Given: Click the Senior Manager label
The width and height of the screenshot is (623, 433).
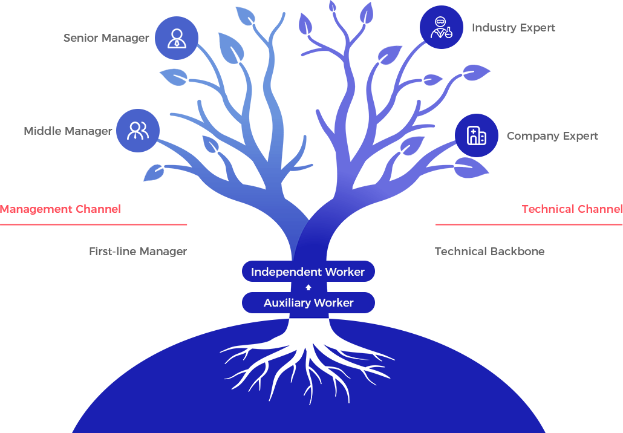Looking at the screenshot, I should coord(106,38).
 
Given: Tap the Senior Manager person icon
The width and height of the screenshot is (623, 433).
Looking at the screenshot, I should coord(176,38).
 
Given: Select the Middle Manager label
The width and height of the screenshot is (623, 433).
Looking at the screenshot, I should coord(68,131).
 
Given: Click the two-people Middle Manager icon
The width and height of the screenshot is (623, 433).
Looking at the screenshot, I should coord(138,131).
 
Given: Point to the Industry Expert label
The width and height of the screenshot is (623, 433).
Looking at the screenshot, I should coord(513,28).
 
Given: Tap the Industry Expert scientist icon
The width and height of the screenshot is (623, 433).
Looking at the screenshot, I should coord(441,27).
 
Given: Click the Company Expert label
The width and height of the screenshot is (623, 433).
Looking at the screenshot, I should coord(552,136).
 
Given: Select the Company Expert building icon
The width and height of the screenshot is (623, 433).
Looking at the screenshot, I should coord(476,135).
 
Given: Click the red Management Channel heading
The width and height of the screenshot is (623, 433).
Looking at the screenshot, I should coord(60,209).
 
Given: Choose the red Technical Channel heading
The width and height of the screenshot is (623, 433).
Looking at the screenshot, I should coord(572,209).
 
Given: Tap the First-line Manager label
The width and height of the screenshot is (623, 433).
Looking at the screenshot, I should coord(138,252).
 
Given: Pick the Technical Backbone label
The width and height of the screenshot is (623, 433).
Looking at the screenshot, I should coord(489,252).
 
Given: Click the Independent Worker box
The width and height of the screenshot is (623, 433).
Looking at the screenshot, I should coord(308,272).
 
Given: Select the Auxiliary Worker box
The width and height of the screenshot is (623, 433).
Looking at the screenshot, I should coord(308,303).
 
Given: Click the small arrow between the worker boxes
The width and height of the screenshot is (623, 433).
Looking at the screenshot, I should coord(308,287).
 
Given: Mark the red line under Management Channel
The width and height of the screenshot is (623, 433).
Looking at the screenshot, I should coord(94,224).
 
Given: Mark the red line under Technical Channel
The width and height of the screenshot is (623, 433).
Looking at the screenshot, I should coord(529,224).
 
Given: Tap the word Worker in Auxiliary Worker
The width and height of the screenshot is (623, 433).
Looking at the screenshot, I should coord(333,303).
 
